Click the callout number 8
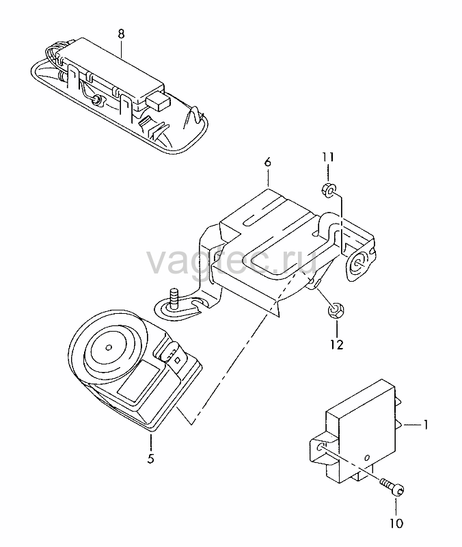121,34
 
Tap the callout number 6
268,163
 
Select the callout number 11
328,157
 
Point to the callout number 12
337,345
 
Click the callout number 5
150,458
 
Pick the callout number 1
425,425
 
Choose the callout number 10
396,523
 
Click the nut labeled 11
329,189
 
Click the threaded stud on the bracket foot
174,297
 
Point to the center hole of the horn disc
109,347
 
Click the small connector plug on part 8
158,101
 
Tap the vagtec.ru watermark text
232,261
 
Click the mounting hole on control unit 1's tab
320,447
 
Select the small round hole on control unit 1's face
367,457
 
